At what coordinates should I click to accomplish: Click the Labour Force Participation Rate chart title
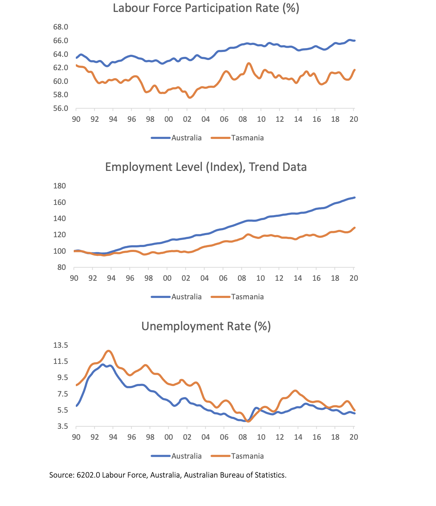tap(206, 8)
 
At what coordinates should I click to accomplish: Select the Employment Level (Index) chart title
tap(206, 167)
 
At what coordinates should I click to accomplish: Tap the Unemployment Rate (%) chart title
tap(206, 326)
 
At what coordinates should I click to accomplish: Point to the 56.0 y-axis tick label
tap(61, 108)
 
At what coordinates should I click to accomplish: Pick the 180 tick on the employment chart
tap(59, 186)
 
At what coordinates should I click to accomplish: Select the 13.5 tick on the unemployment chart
tap(61, 345)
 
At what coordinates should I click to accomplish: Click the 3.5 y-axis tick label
tap(62, 427)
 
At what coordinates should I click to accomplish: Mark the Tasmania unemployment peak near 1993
tap(108, 351)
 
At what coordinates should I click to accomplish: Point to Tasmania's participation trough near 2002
tap(190, 98)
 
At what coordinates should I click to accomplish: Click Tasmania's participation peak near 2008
tap(249, 64)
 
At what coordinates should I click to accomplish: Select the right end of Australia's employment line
tap(355, 198)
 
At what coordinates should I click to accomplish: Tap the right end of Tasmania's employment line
tap(355, 228)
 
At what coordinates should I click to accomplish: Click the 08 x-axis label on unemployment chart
tap(243, 437)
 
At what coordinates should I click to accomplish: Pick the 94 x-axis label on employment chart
tap(111, 278)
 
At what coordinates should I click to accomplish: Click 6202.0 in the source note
tap(88, 475)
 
